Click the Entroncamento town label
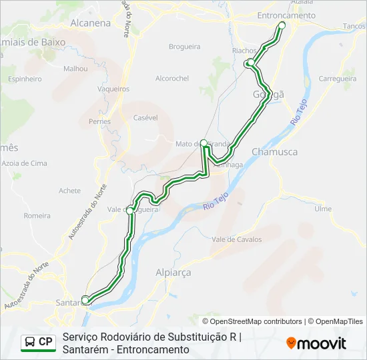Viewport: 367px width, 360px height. tap(286, 15)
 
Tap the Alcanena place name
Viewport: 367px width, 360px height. tap(90, 23)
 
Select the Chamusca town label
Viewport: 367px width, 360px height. tap(274, 152)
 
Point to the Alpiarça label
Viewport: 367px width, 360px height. tap(173, 273)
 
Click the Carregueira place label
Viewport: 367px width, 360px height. tap(338, 78)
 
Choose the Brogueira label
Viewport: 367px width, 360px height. tap(185, 47)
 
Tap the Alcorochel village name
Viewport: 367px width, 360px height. tap(172, 78)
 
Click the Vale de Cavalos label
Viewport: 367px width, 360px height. tap(236, 239)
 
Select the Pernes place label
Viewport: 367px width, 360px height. tap(100, 121)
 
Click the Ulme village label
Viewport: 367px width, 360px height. tap(323, 209)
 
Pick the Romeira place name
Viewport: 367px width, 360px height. tap(37, 215)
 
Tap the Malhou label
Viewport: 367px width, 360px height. tap(75, 68)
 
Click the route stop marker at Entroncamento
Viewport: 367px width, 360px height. tap(282, 25)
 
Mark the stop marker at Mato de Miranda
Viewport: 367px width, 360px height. tap(204, 143)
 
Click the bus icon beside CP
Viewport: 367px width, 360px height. tap(30, 343)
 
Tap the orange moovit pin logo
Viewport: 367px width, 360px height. tap(291, 343)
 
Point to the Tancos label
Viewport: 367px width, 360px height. tap(354, 26)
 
